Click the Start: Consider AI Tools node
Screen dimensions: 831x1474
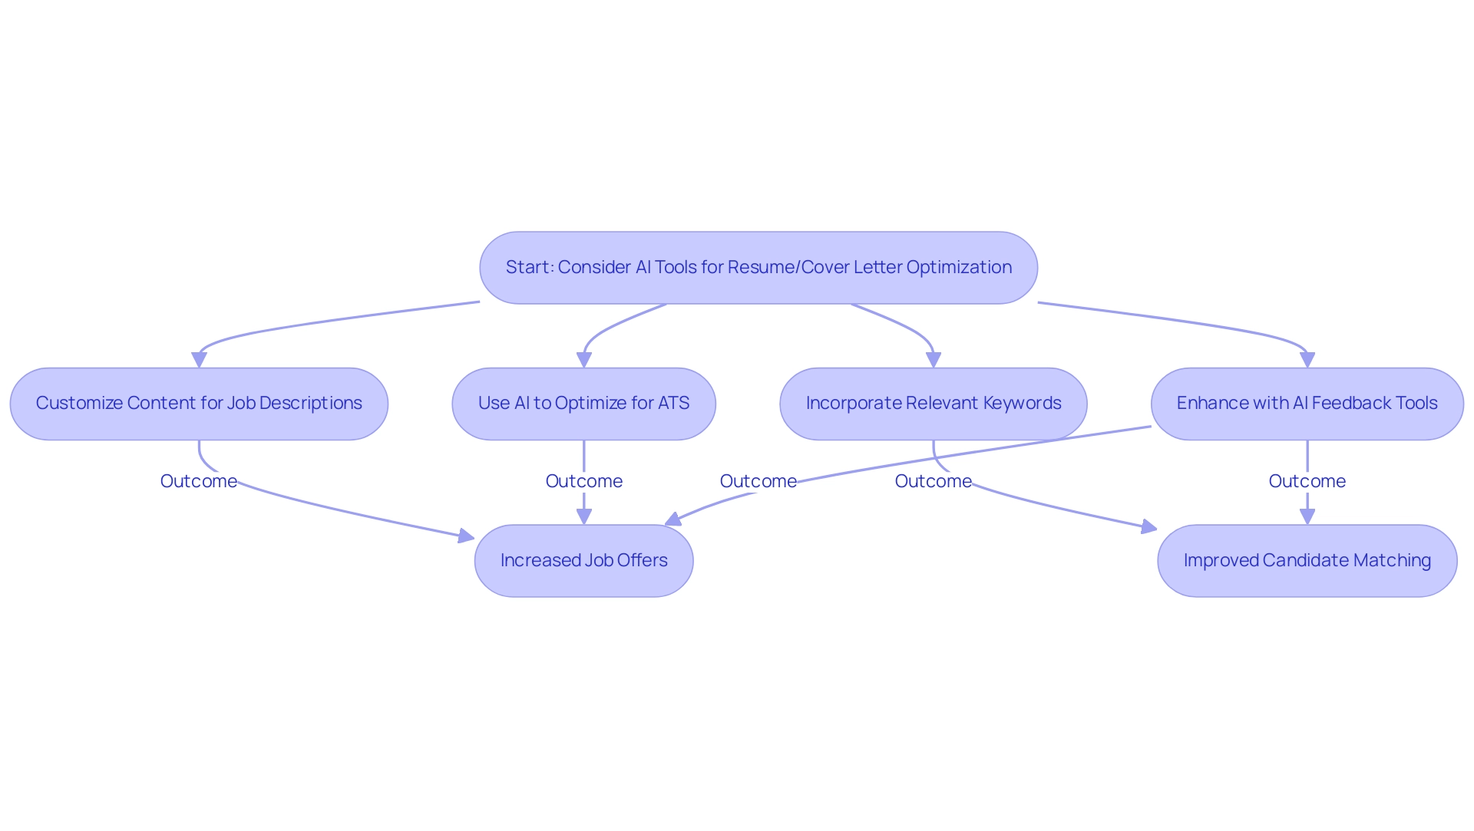(x=758, y=268)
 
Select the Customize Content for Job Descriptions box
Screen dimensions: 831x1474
(x=199, y=404)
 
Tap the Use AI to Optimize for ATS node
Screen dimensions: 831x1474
(x=583, y=404)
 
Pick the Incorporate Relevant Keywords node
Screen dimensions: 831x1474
(x=933, y=404)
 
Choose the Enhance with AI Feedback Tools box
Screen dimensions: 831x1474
(x=1307, y=404)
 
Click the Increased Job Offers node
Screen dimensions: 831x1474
(x=583, y=561)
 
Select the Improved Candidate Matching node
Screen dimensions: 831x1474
(x=1307, y=561)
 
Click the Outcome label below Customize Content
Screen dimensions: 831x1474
(x=199, y=481)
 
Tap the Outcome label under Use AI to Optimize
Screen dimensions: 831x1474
(x=583, y=481)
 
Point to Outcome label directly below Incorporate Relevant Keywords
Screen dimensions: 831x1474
(x=933, y=481)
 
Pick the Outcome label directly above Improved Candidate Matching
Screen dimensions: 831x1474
(x=1307, y=481)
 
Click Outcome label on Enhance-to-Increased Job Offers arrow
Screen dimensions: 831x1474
(x=758, y=481)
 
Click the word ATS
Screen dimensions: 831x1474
(x=673, y=404)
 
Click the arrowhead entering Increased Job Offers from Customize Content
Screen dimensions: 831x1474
(x=466, y=536)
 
